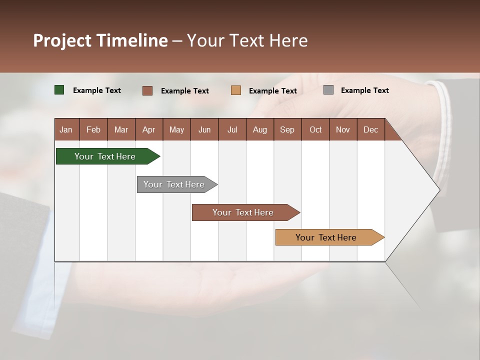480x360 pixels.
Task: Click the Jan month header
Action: coord(66,129)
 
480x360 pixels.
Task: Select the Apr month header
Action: coord(148,129)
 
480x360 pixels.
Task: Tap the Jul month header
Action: coord(232,129)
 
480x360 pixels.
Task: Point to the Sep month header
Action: coord(287,129)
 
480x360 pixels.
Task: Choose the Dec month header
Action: coord(370,129)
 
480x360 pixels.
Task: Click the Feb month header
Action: coord(93,129)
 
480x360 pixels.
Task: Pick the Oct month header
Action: coord(315,129)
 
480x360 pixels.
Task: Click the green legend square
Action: coord(59,90)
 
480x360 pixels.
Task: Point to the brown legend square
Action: coord(147,90)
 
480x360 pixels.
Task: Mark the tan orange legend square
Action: coord(236,90)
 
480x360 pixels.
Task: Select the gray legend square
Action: coord(328,90)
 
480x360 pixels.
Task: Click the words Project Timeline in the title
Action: coord(100,40)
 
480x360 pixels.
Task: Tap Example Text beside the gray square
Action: coord(364,90)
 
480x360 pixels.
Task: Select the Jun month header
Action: coord(204,129)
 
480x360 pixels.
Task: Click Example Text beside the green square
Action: coord(97,90)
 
